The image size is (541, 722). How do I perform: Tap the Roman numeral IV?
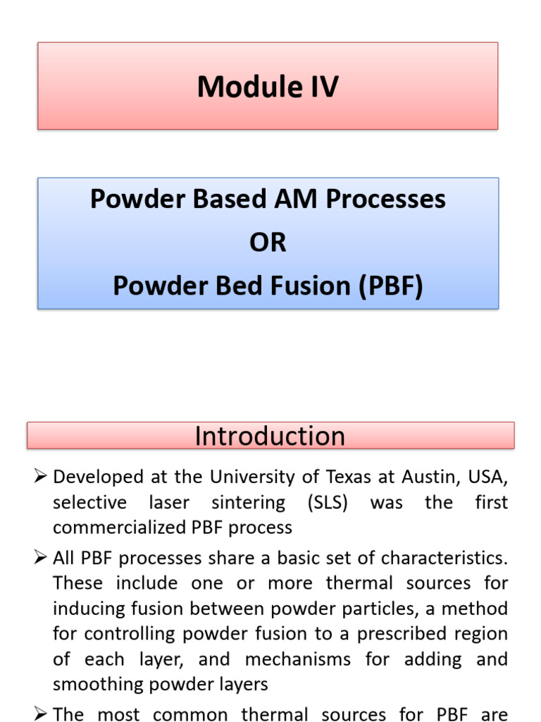pyautogui.click(x=325, y=87)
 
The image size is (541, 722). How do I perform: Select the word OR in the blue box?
pyautogui.click(x=268, y=243)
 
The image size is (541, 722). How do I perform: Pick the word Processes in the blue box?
pyautogui.click(x=385, y=200)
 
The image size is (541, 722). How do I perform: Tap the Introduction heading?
pyautogui.click(x=270, y=436)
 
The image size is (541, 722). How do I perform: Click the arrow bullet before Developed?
pyautogui.click(x=40, y=476)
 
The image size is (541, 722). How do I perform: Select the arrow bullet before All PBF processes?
pyautogui.click(x=40, y=557)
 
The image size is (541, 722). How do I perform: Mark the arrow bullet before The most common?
pyautogui.click(x=40, y=714)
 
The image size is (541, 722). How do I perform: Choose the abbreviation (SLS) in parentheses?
pyautogui.click(x=328, y=502)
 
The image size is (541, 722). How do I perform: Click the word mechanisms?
pyautogui.click(x=298, y=659)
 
